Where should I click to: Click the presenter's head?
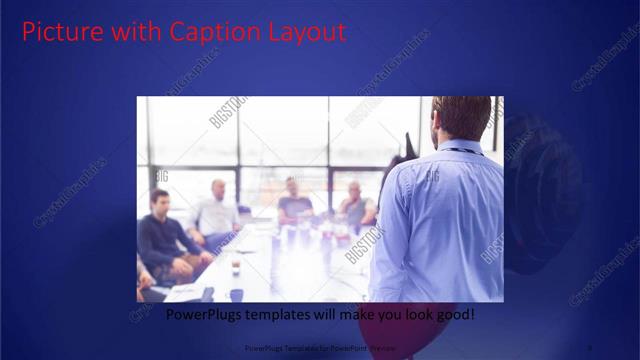pyautogui.click(x=461, y=118)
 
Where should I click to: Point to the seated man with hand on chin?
pyautogui.click(x=355, y=205)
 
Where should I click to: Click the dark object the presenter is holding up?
pyautogui.click(x=406, y=148)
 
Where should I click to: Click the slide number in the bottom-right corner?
pyautogui.click(x=589, y=347)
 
